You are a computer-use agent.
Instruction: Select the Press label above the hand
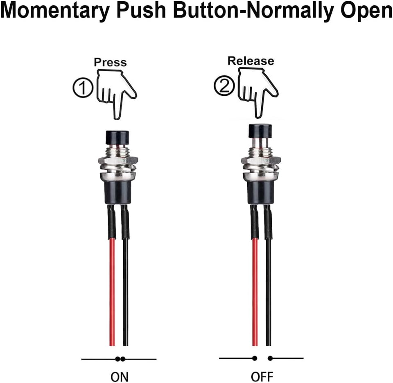pyautogui.click(x=110, y=62)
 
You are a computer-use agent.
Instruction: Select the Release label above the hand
pyautogui.click(x=251, y=61)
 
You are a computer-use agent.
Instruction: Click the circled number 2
pyautogui.click(x=224, y=86)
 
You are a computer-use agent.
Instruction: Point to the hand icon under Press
pyautogui.click(x=115, y=93)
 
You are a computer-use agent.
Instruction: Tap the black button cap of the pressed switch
pyautogui.click(x=117, y=136)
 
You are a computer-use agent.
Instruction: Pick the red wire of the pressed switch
pyautogui.click(x=112, y=287)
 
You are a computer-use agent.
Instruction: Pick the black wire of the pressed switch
pyautogui.click(x=126, y=287)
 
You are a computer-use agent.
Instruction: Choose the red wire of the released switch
pyautogui.click(x=255, y=287)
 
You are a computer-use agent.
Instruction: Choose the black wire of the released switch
pyautogui.click(x=269, y=287)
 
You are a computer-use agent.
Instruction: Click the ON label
pyautogui.click(x=120, y=376)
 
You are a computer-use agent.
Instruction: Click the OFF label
pyautogui.click(x=262, y=376)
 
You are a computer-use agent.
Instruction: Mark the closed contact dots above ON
pyautogui.click(x=120, y=359)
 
